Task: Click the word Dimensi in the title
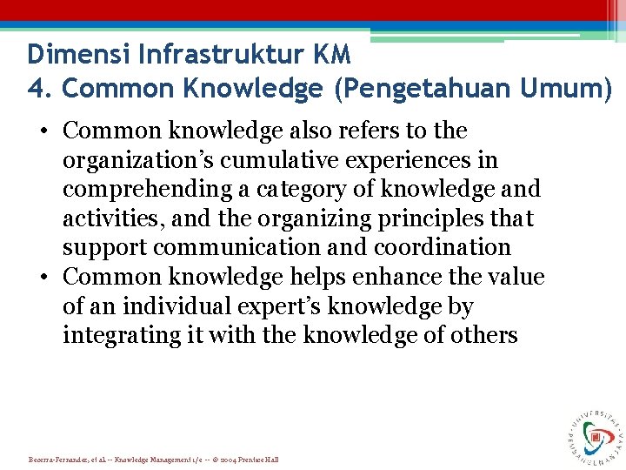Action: (70, 55)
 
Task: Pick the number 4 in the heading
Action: (36, 89)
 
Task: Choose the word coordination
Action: (441, 247)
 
